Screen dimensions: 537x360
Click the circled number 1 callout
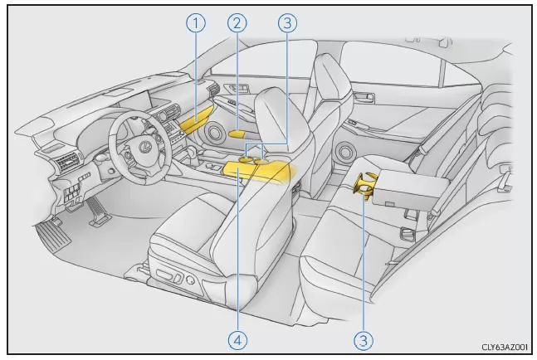(x=196, y=23)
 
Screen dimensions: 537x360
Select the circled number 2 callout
(x=237, y=23)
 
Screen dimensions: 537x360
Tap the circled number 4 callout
(x=237, y=340)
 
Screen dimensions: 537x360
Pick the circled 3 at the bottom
(x=364, y=340)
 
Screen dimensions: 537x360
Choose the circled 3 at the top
(x=287, y=23)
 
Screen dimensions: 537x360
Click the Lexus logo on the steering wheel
(x=145, y=147)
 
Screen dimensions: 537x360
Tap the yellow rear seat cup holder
(x=365, y=185)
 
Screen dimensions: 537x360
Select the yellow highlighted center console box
(x=259, y=170)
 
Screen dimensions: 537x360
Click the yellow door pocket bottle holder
(x=237, y=134)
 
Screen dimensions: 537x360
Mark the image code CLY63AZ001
(x=505, y=348)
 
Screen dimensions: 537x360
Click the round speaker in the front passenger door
(x=213, y=132)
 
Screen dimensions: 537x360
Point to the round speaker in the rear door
(x=345, y=151)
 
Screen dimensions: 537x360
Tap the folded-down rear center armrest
(x=409, y=189)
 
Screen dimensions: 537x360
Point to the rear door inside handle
(x=364, y=97)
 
